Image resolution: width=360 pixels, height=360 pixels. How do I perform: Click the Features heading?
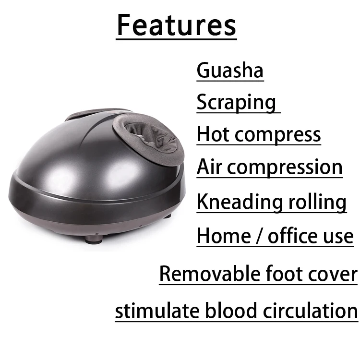tap(176, 25)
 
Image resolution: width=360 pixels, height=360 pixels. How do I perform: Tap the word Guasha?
tap(230, 70)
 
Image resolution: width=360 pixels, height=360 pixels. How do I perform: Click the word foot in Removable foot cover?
tap(286, 274)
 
